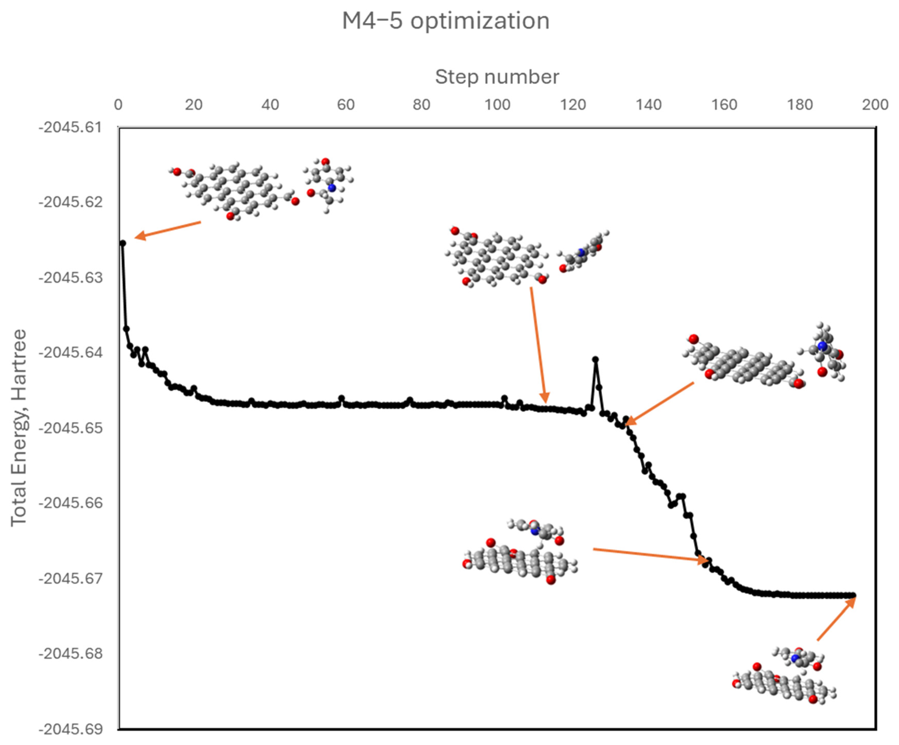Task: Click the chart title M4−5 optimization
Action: (x=446, y=20)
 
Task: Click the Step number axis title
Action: (x=497, y=77)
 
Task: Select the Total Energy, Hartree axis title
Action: (x=18, y=428)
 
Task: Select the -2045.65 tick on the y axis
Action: (x=71, y=428)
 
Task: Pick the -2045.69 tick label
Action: (x=71, y=729)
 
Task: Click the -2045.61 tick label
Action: (x=71, y=127)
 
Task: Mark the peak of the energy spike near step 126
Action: (x=595, y=360)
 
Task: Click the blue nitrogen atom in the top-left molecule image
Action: (x=331, y=188)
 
